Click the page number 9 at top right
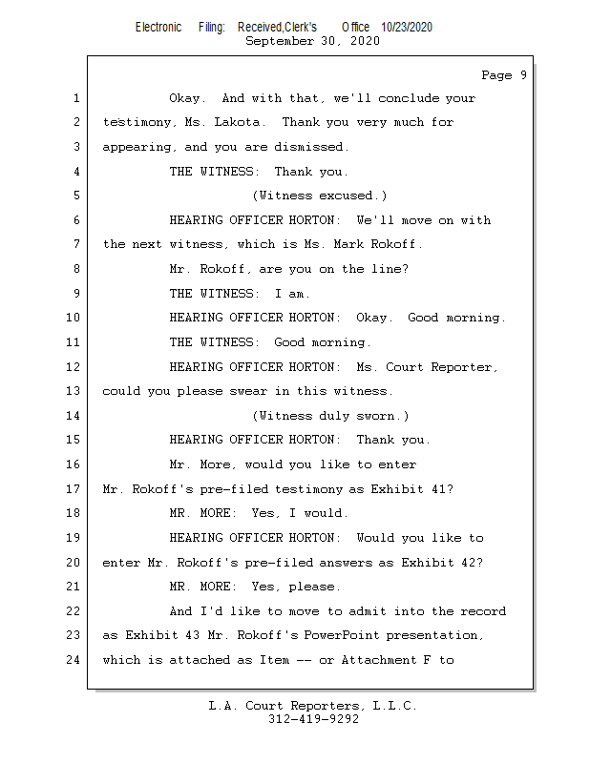coord(523,75)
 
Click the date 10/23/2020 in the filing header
coord(406,28)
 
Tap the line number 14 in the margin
coord(74,416)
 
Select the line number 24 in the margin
coord(74,660)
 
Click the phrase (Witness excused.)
coord(319,196)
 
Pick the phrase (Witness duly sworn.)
coord(330,416)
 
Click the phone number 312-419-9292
coord(313,720)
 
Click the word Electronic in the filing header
coord(158,28)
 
